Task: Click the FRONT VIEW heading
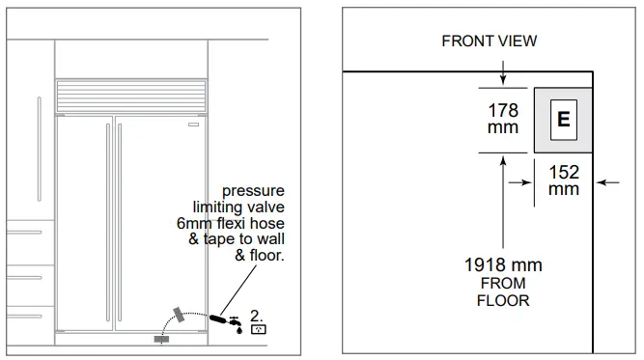(x=489, y=41)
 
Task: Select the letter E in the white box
(x=564, y=120)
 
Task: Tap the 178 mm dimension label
(x=501, y=119)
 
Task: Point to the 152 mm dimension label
(x=564, y=180)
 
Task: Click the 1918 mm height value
(x=502, y=264)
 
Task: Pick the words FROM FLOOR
(x=502, y=291)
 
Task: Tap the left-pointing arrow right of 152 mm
(x=608, y=180)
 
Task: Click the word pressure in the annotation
(x=253, y=191)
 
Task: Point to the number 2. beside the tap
(x=257, y=315)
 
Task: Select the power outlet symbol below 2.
(x=259, y=330)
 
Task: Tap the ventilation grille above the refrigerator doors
(x=131, y=95)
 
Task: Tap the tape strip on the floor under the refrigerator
(x=161, y=339)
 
